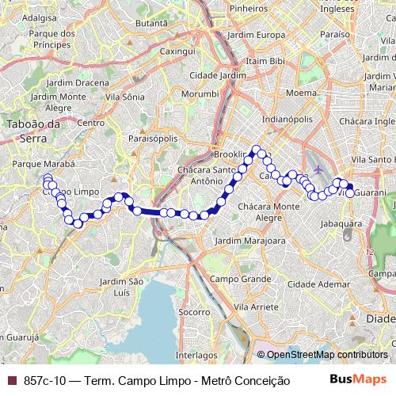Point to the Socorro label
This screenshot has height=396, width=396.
[x=193, y=313]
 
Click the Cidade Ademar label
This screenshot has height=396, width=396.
[x=324, y=283]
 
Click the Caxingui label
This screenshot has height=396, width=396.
[x=177, y=51]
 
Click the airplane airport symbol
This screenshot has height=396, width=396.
[x=318, y=170]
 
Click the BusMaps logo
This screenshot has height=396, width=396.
[x=358, y=380]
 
